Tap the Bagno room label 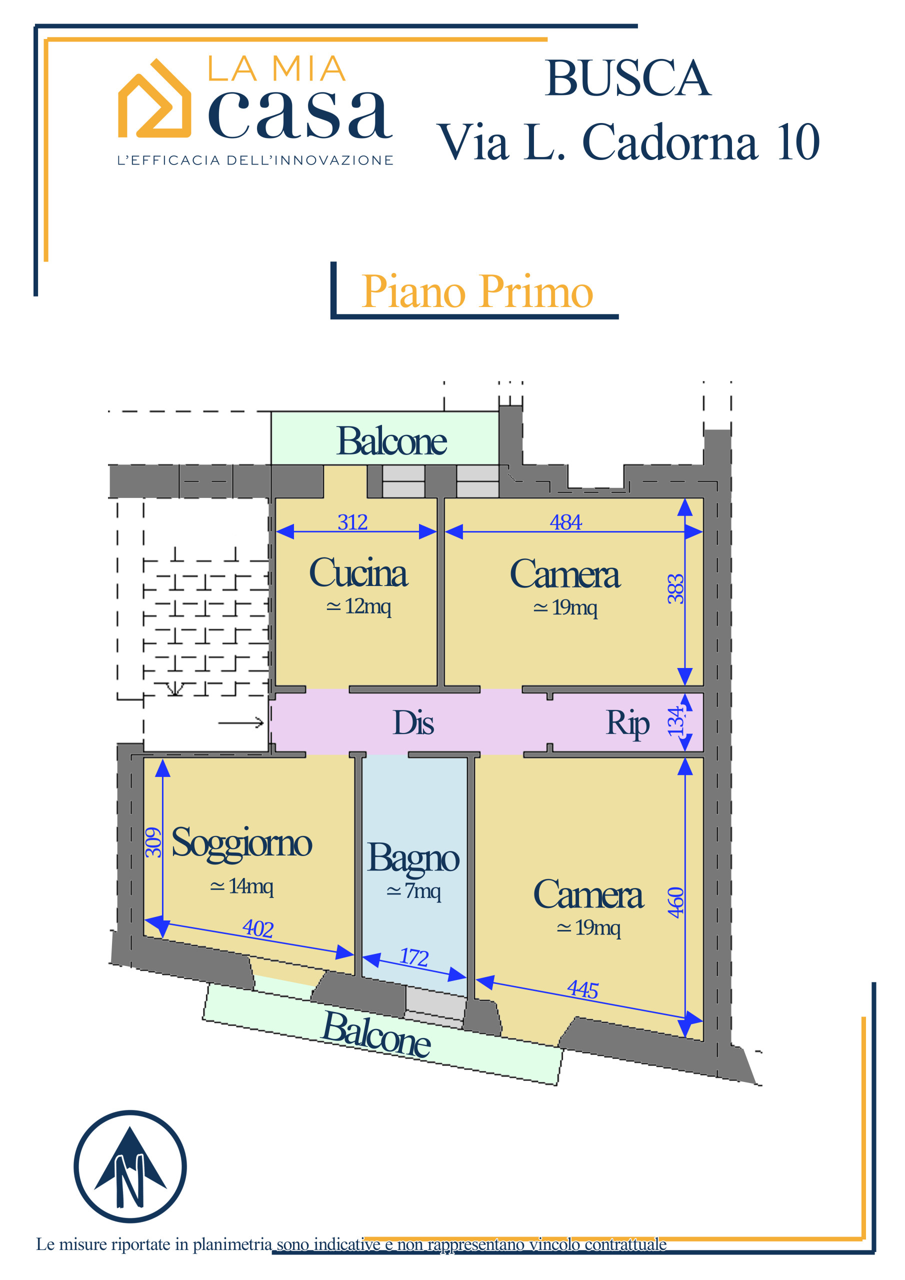point(413,859)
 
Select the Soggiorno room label point(241,843)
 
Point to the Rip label point(627,724)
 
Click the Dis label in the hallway point(413,722)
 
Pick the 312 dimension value point(352,522)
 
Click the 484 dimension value point(565,522)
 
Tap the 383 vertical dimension point(675,588)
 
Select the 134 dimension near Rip point(676,721)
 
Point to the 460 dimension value point(675,902)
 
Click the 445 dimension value point(582,990)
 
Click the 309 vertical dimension point(153,842)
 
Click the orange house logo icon point(154,98)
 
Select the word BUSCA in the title point(627,78)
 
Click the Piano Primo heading point(477,291)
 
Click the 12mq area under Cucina point(358,605)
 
